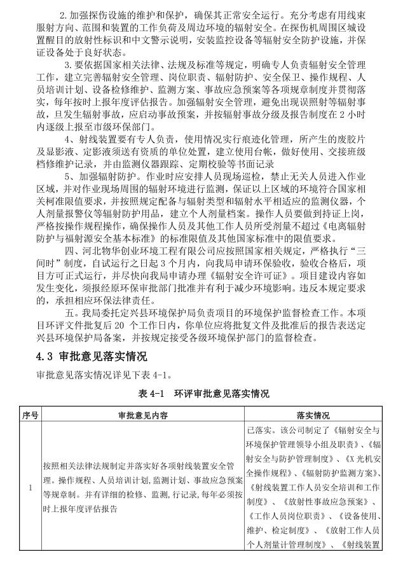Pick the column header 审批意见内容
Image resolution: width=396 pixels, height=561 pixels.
(142, 416)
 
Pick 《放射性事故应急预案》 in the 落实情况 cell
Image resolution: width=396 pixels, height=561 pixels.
(301, 501)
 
